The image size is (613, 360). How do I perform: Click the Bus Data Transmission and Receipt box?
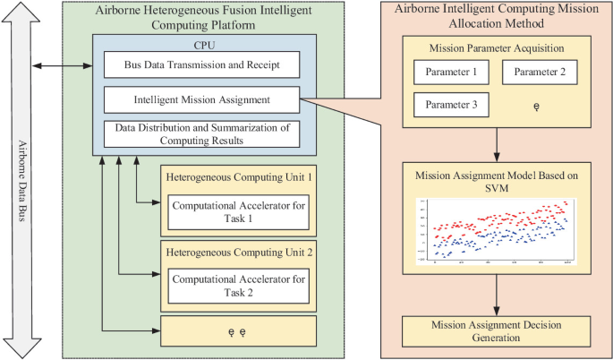(200, 65)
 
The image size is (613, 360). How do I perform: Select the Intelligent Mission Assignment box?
(200, 99)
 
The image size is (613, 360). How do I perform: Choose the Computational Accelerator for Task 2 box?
(237, 286)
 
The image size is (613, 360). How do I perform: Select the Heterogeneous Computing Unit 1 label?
(237, 177)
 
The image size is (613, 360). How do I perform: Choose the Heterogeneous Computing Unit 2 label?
(237, 253)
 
